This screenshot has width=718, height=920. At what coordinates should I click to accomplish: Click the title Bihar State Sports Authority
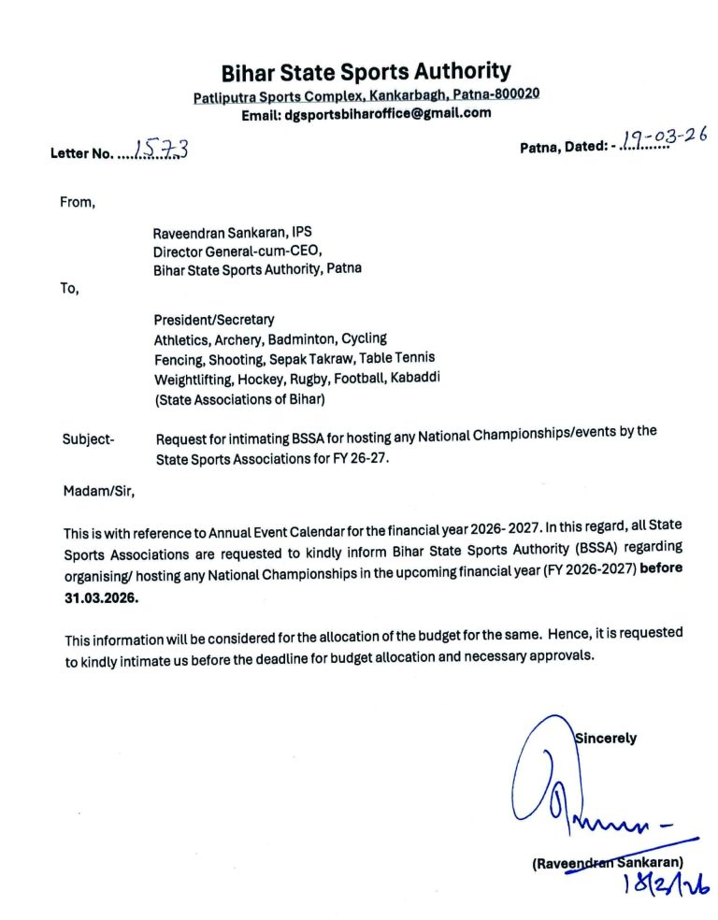pos(366,71)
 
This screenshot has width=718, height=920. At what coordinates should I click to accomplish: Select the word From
pos(79,202)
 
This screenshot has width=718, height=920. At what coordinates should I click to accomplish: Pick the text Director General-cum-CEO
pos(237,251)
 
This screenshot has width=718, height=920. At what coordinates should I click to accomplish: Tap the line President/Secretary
pos(214,320)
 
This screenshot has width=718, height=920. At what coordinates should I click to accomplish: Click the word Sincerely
pos(606,739)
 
